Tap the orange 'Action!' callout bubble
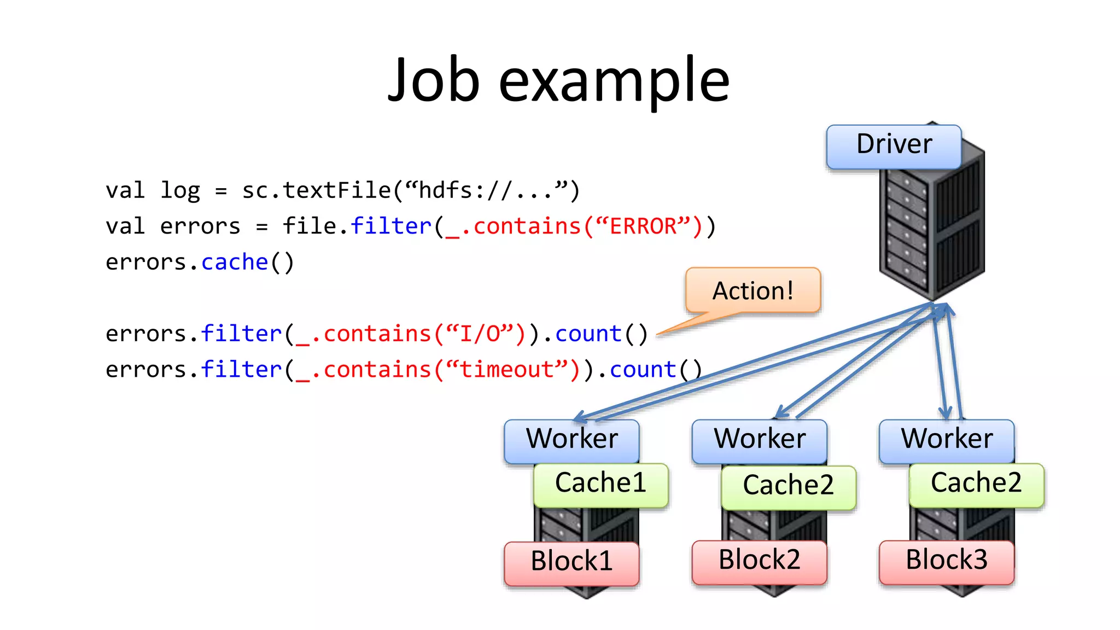(752, 290)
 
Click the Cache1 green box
(600, 484)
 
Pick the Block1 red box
(571, 562)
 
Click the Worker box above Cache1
(571, 440)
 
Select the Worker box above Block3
(947, 440)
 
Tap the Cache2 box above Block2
(788, 486)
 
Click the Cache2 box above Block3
(976, 484)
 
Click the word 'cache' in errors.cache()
(235, 262)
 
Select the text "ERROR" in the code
(643, 226)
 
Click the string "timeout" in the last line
(507, 370)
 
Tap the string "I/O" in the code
(480, 334)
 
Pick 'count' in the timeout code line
(643, 370)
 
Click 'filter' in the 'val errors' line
(391, 226)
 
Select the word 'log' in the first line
(180, 191)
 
